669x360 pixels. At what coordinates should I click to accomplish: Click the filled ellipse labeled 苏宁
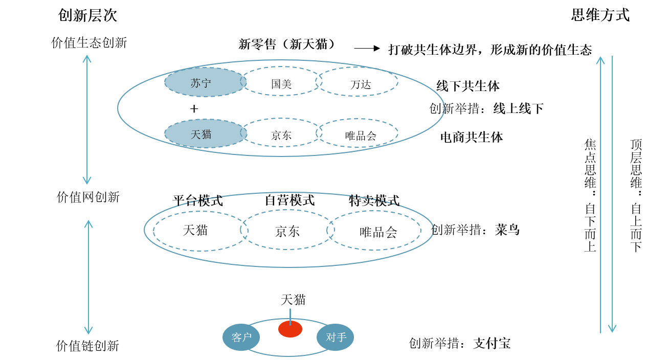click(x=206, y=82)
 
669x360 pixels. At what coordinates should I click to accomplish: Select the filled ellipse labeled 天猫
click(x=206, y=134)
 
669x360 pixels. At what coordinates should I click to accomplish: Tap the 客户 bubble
click(x=241, y=337)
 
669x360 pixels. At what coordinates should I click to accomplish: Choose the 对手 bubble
click(x=335, y=337)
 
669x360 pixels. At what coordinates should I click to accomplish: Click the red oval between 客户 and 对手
click(x=290, y=329)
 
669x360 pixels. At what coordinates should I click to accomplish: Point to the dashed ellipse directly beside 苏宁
click(x=281, y=81)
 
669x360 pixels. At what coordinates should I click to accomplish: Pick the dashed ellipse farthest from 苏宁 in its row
click(x=357, y=81)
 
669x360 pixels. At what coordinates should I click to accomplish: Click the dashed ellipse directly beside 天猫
click(x=281, y=132)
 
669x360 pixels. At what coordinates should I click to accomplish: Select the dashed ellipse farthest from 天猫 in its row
click(x=357, y=133)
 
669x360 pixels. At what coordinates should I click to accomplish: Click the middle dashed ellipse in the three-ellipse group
click(x=287, y=230)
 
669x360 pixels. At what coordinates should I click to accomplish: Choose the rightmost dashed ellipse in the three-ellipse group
click(x=374, y=230)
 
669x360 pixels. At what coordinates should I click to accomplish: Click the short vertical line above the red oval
click(x=290, y=314)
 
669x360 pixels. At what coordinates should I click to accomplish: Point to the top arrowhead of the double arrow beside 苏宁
click(x=87, y=57)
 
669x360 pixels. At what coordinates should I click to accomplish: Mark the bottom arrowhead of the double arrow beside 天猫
click(x=87, y=182)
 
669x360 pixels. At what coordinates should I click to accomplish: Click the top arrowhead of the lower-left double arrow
click(x=88, y=223)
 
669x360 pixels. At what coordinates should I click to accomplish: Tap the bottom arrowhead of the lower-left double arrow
click(x=88, y=332)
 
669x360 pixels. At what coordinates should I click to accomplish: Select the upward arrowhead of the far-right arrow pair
click(x=600, y=59)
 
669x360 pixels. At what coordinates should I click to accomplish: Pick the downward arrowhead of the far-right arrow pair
click(x=612, y=330)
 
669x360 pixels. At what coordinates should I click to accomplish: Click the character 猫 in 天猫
click(x=206, y=134)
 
